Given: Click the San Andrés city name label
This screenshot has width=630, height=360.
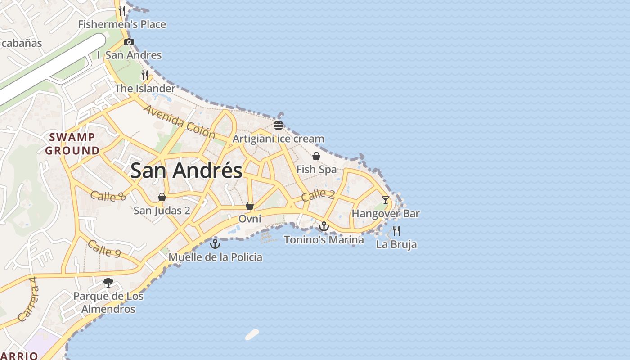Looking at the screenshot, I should (186, 171).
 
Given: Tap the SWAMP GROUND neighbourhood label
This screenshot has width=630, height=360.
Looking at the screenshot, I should (72, 144).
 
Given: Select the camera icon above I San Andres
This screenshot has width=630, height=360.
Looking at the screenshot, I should (129, 42).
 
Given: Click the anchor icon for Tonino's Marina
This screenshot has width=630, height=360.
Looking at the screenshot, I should (324, 226).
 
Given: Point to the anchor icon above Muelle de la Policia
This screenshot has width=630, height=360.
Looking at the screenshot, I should (215, 244).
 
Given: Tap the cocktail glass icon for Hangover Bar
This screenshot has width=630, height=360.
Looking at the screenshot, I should (386, 200).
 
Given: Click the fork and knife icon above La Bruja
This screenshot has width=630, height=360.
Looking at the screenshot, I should (396, 231).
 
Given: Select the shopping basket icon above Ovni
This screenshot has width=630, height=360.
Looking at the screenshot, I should (250, 206).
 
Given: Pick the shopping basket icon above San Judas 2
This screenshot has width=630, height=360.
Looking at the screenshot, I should (162, 197).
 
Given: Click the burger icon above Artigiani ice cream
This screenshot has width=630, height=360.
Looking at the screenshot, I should (279, 125).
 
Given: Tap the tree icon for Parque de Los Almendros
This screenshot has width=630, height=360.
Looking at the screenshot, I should (108, 283).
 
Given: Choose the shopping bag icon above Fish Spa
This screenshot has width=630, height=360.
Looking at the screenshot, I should (316, 156).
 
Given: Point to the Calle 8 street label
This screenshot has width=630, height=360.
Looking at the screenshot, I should (108, 196).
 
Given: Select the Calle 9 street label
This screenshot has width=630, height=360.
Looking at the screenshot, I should (104, 248).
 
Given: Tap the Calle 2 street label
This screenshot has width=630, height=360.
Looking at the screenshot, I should (318, 195).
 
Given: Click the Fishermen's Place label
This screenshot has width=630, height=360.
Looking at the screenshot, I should (122, 24).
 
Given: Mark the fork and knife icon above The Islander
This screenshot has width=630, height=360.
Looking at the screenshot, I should (145, 75).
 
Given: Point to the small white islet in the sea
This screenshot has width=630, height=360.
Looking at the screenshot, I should (252, 334).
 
